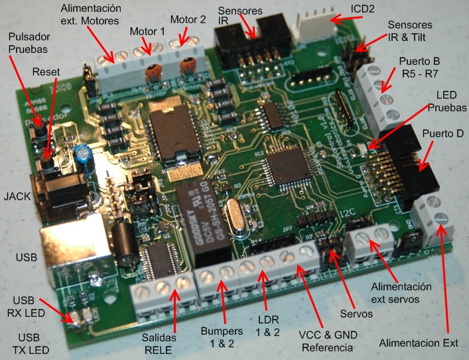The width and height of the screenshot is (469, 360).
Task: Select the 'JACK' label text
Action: point(17,197)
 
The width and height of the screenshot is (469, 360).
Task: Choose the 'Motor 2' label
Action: point(188,20)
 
